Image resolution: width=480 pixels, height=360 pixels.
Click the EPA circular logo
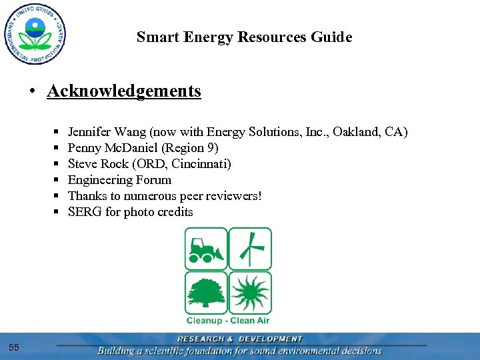pos(34,33)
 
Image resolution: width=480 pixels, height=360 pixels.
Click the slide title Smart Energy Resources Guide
pos(244,37)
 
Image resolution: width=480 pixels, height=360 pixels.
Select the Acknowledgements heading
pos(124,91)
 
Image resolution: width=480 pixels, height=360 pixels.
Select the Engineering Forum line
pos(119,180)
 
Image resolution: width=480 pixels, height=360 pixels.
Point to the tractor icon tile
pos(206,249)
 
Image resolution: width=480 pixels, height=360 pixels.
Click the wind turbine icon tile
pos(250,249)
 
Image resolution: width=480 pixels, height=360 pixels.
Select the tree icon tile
pos(206,293)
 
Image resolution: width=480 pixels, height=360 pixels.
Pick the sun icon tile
pos(250,293)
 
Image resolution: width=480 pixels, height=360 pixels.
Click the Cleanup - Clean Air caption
pos(228,321)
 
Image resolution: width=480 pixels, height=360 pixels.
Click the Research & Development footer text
pos(239,339)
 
